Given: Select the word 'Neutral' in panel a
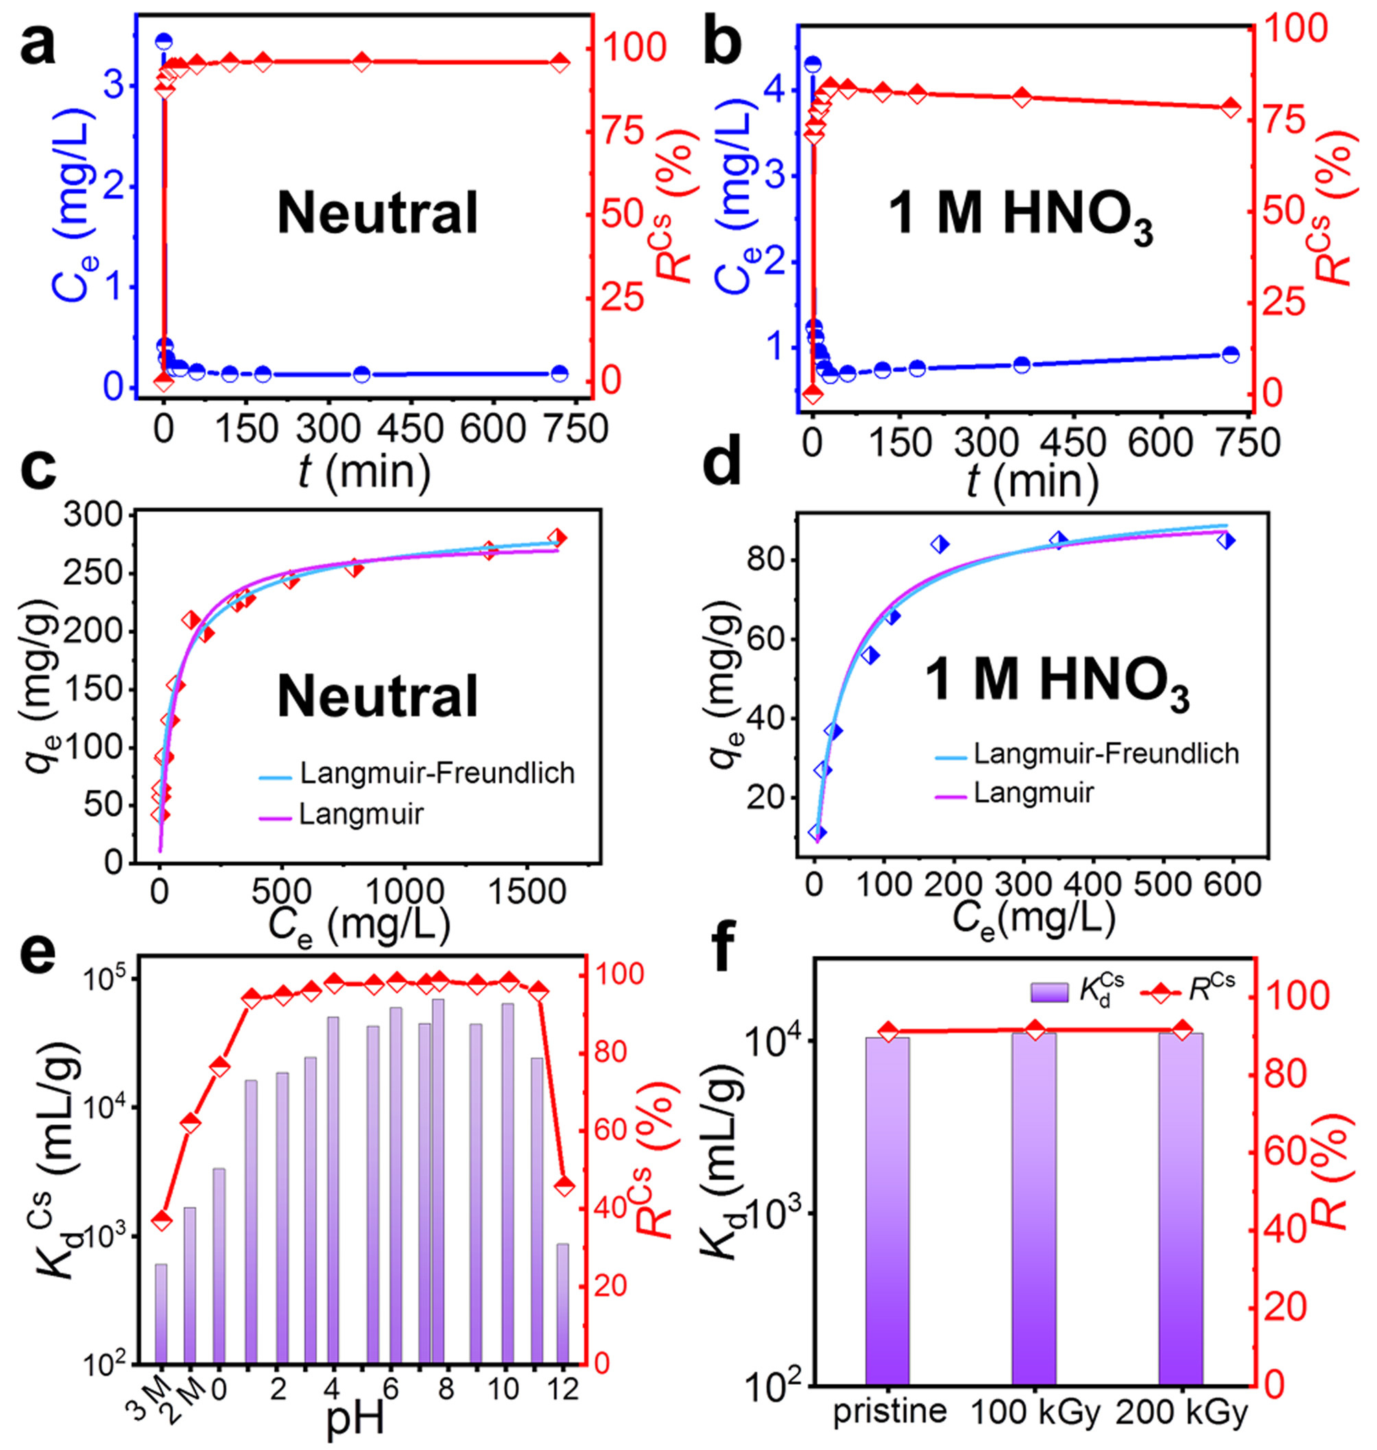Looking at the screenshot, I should [x=377, y=213].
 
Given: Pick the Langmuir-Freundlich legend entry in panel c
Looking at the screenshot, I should [x=437, y=773].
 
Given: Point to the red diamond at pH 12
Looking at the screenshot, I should [x=564, y=1186].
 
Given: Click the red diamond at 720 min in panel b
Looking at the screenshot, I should [x=1231, y=107].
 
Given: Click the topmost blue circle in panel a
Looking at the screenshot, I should [x=164, y=41].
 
